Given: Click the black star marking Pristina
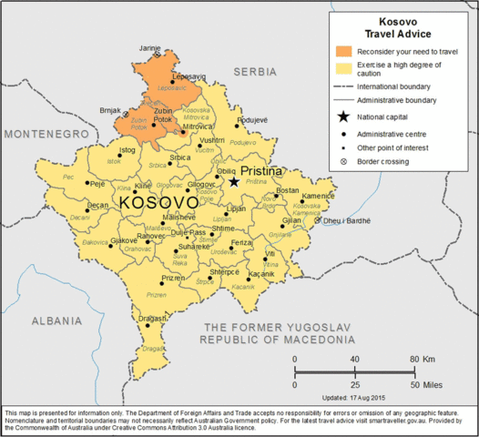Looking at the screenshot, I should (x=234, y=182).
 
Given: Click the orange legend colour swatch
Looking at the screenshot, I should (x=343, y=52).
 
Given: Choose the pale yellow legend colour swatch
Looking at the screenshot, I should (x=343, y=68).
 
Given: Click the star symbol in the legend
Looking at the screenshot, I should (x=343, y=117).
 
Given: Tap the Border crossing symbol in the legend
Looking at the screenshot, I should (x=343, y=162).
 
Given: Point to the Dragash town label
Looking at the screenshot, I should (x=152, y=319).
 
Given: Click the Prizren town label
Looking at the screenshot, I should (x=173, y=278).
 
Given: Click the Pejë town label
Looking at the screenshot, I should (x=96, y=183).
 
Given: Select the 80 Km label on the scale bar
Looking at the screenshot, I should (x=420, y=359).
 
